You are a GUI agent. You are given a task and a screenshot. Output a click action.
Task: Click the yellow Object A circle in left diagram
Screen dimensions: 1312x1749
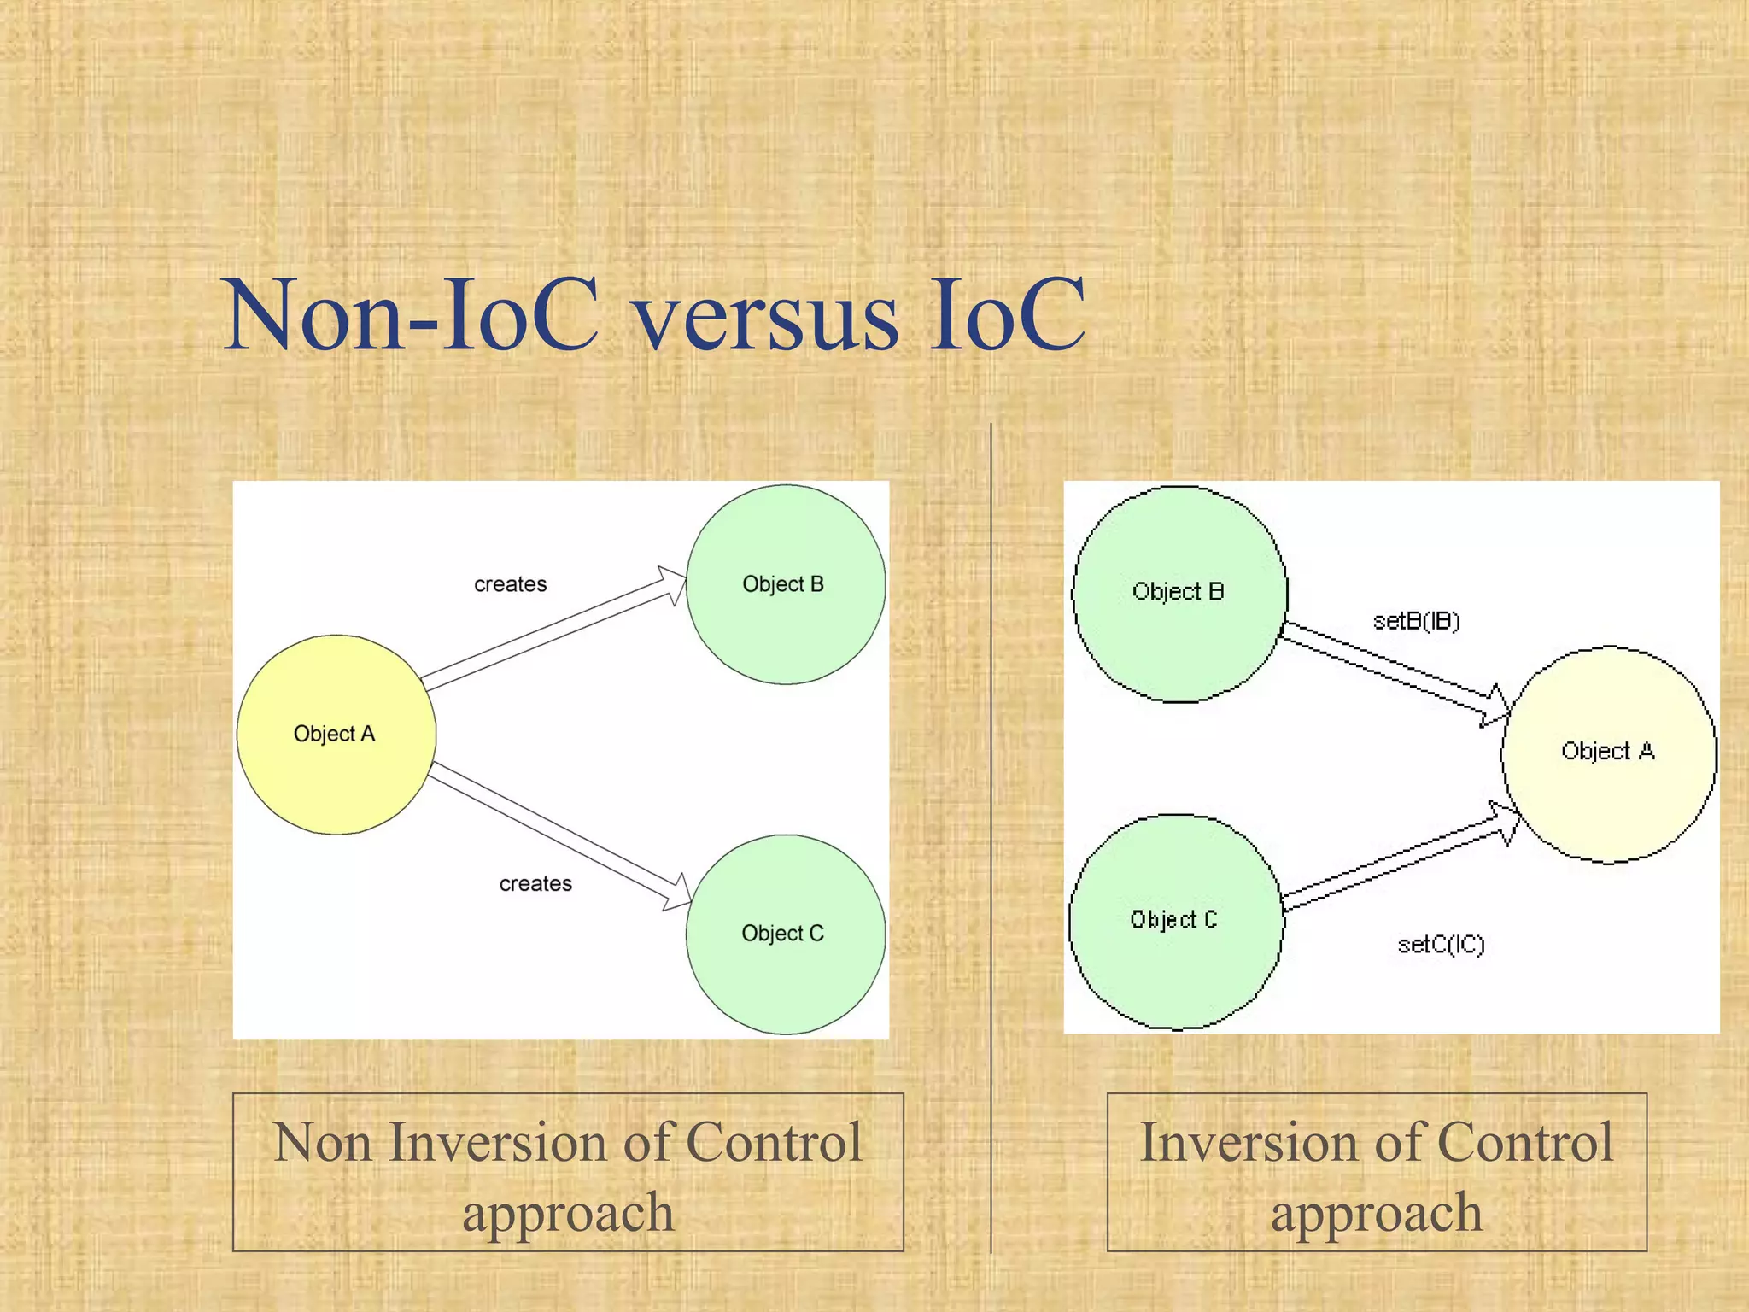click(x=336, y=735)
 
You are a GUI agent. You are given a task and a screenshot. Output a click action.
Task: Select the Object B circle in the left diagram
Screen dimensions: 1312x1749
click(x=785, y=585)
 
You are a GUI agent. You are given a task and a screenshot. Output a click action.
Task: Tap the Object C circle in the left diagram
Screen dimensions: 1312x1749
click(x=785, y=934)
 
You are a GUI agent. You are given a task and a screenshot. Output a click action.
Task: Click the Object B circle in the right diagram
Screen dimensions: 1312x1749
click(x=1179, y=594)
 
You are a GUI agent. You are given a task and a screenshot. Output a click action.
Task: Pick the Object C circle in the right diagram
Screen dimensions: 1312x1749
click(x=1175, y=922)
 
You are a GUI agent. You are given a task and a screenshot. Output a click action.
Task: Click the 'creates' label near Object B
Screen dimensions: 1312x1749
click(x=510, y=584)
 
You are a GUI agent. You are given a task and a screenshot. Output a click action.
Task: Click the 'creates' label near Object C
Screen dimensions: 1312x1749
click(x=535, y=884)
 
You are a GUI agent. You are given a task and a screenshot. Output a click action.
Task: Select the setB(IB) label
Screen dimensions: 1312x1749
click(x=1416, y=621)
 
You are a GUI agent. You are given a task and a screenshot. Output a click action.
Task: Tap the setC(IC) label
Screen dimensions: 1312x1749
click(x=1441, y=945)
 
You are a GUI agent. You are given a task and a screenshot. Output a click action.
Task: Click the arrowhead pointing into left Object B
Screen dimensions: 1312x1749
click(x=673, y=585)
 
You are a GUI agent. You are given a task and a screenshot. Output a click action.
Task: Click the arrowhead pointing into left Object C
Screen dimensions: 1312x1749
click(x=678, y=893)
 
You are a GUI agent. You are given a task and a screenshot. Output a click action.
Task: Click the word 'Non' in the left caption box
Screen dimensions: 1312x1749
click(x=322, y=1143)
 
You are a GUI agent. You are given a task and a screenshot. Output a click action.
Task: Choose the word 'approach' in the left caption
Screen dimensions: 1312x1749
click(x=568, y=1213)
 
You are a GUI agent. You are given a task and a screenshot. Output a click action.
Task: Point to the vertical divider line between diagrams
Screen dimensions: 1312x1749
click(x=991, y=837)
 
